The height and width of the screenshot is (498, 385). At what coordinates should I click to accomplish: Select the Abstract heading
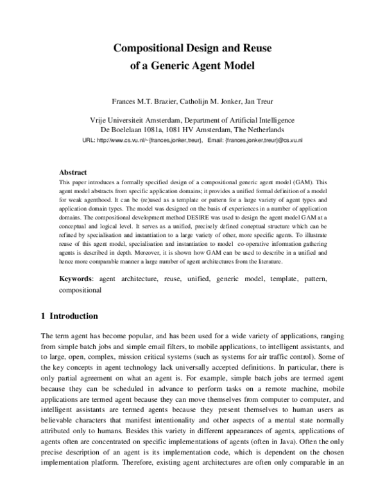point(73,173)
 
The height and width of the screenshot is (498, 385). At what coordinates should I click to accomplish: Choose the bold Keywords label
point(76,279)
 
